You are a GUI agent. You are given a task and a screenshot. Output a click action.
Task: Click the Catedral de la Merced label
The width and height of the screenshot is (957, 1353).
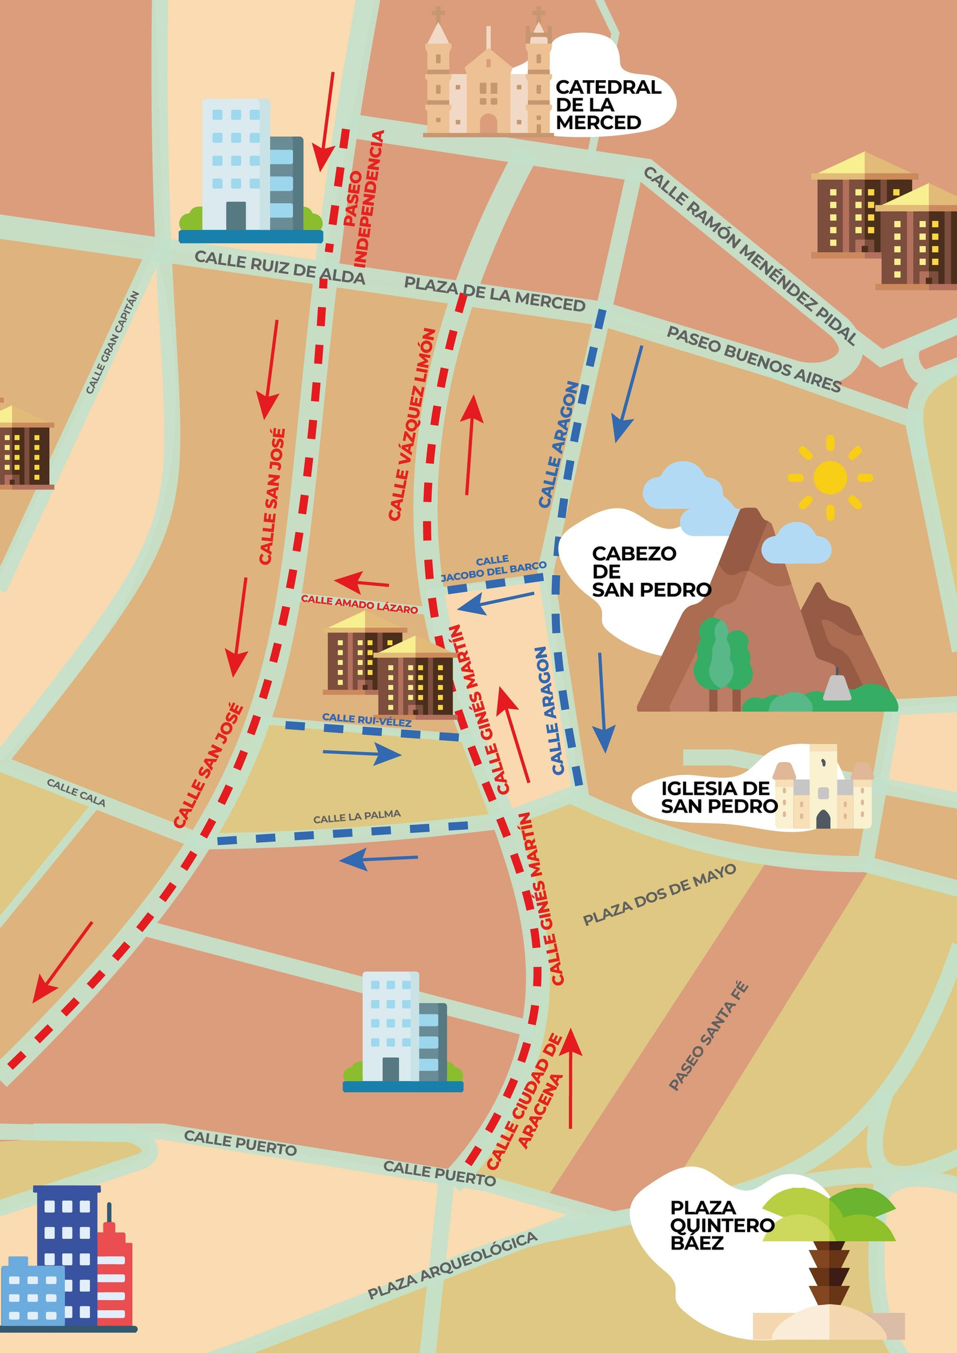607,105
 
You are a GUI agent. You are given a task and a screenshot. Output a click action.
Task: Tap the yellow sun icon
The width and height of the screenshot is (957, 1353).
830,478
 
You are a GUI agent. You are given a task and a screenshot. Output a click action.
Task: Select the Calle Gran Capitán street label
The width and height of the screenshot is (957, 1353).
112,343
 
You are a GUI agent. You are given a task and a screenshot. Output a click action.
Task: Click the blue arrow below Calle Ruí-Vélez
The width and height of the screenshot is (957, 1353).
362,753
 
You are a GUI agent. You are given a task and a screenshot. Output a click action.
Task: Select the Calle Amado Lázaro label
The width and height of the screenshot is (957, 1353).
359,604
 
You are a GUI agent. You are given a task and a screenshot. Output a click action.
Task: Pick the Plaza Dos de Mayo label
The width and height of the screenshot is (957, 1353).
659,894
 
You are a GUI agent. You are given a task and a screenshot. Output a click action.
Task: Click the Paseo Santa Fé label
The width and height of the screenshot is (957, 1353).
708,1036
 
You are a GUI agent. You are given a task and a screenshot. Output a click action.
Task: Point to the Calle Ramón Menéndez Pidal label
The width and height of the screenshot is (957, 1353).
750,255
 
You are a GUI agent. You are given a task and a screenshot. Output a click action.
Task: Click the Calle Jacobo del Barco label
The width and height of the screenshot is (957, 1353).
493,569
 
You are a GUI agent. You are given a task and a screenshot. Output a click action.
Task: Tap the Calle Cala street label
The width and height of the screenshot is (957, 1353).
76,792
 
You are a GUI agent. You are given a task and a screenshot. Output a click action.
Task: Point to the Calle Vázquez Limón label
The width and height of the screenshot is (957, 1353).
412,424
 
